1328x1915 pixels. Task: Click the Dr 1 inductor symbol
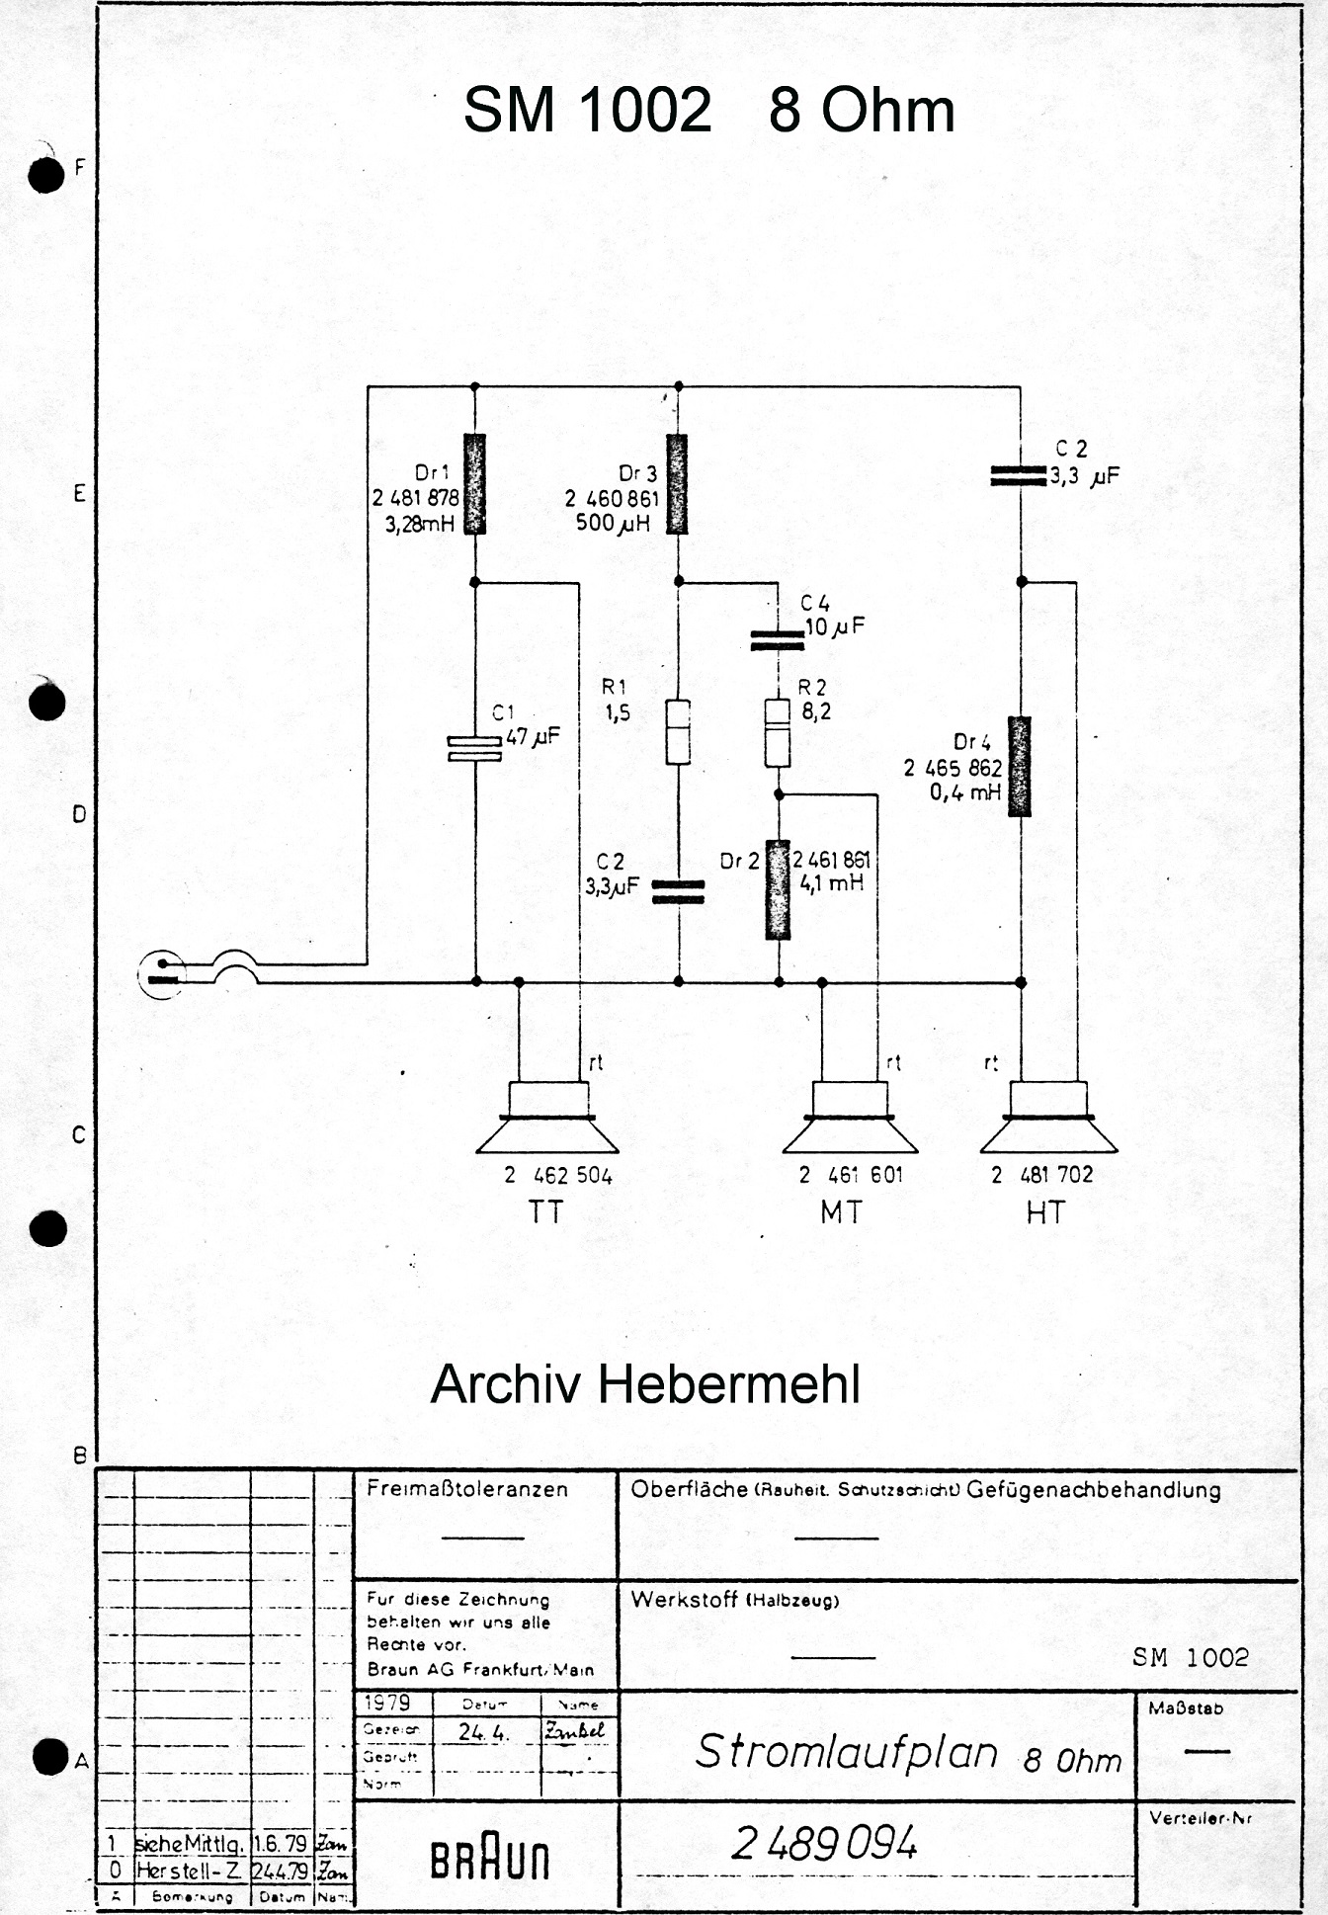pos(475,484)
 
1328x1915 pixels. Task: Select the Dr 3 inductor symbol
pos(677,484)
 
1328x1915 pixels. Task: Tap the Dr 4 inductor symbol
pos(1020,767)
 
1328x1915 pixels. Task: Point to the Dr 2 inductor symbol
pos(779,889)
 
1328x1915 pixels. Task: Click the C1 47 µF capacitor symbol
pos(475,749)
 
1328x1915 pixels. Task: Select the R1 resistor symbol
pos(678,731)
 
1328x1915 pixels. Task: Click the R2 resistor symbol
pos(778,733)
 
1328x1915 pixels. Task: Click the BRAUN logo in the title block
pos(489,1861)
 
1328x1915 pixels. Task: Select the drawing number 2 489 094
pos(825,1843)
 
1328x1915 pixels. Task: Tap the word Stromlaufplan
pos(847,1752)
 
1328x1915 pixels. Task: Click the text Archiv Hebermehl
pos(645,1384)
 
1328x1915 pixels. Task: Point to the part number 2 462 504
pos(558,1176)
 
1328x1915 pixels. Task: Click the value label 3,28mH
pos(420,524)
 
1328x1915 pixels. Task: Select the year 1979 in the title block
pos(386,1703)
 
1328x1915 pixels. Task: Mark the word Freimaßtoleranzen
pos(467,1489)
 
